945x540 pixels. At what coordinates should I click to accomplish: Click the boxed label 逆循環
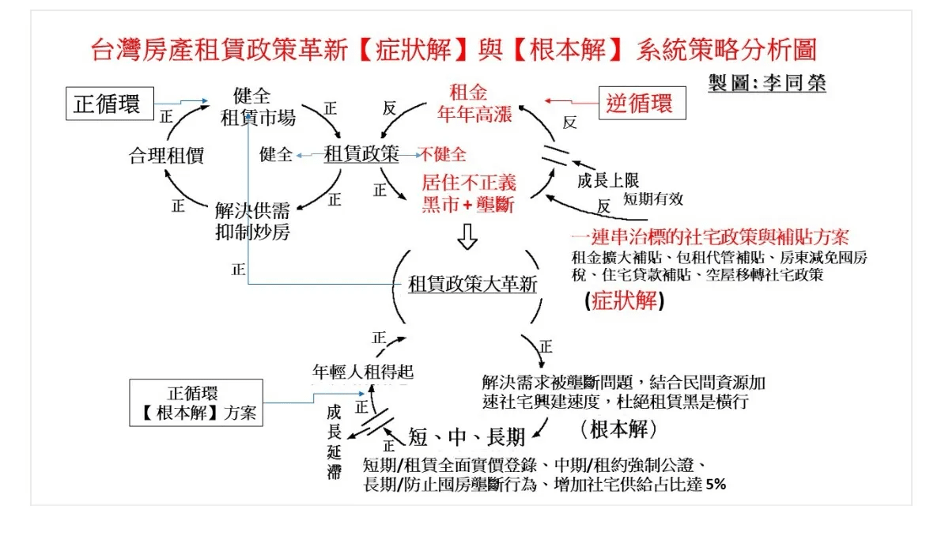(x=641, y=103)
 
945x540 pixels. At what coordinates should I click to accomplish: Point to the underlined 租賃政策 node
(x=361, y=154)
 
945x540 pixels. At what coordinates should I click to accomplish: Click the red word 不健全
(x=443, y=154)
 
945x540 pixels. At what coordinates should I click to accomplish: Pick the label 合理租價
(x=166, y=156)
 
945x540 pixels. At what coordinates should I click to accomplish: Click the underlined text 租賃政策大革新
(x=472, y=284)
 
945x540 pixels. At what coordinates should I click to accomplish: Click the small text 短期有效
(x=653, y=198)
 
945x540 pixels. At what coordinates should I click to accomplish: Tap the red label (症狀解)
(x=624, y=301)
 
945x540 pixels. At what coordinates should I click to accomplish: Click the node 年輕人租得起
(x=363, y=371)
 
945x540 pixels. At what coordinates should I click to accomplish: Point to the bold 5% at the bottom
(x=716, y=484)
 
